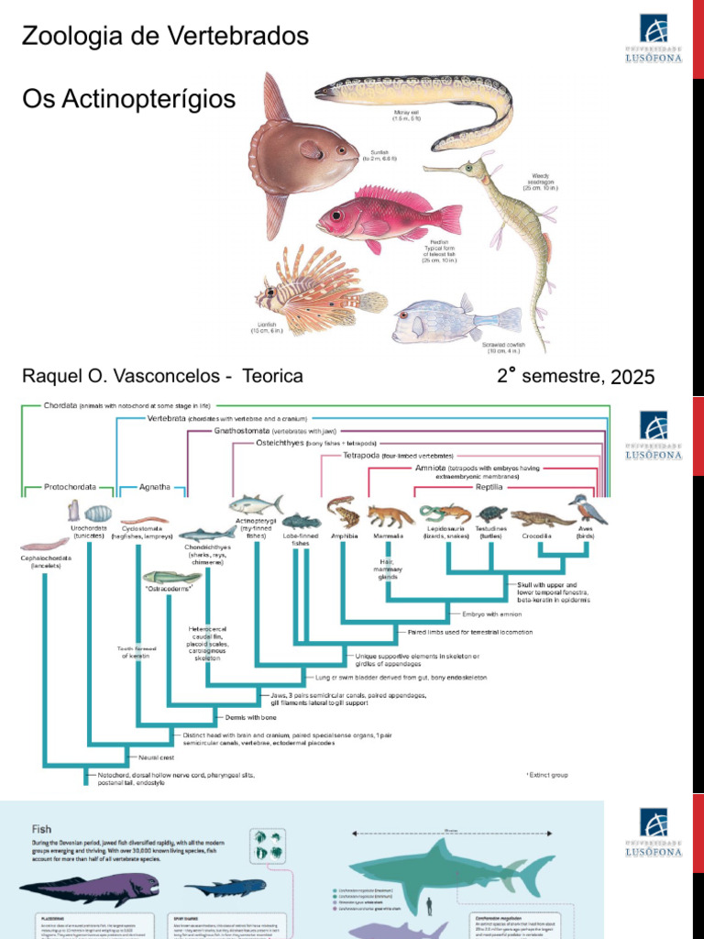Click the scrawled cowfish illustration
(449, 321)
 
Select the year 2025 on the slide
(632, 377)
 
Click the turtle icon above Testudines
(492, 514)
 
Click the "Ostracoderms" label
(170, 588)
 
